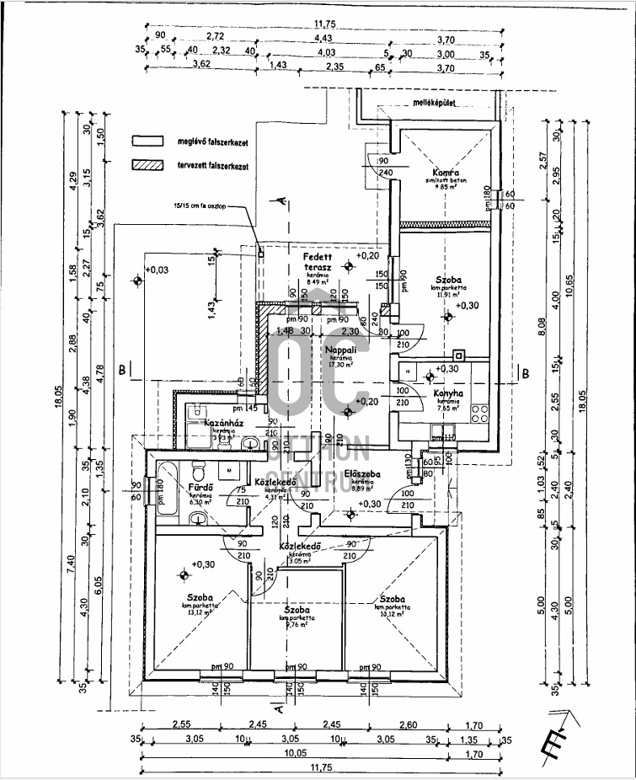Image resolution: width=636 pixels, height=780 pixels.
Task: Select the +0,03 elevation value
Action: click(157, 270)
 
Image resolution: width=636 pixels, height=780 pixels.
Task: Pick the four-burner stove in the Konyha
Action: click(479, 413)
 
